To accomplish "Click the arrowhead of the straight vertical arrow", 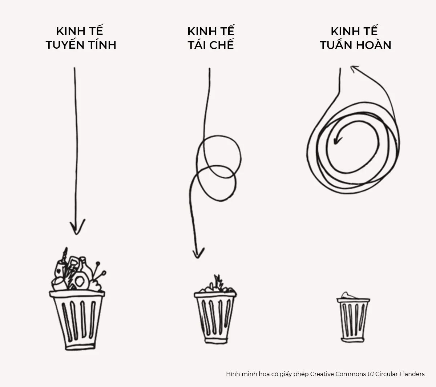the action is coord(77,227).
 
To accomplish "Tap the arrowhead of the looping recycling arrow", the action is coord(198,253).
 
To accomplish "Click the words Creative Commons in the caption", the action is coord(341,374).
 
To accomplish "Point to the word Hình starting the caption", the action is coord(233,374).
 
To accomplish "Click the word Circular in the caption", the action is coord(387,374).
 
